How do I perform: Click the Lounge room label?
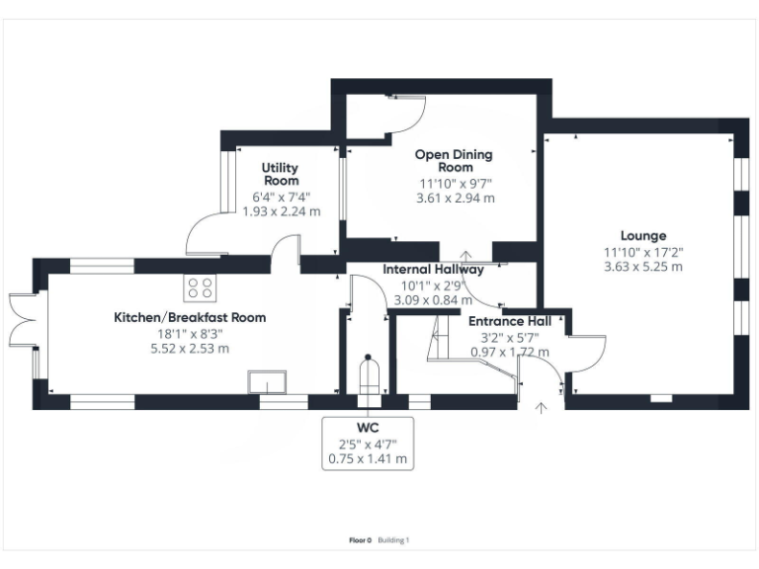(643, 235)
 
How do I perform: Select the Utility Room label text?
(281, 175)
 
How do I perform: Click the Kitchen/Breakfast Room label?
(190, 317)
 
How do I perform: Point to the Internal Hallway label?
(433, 269)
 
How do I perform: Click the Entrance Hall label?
(510, 321)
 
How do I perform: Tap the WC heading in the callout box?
(368, 427)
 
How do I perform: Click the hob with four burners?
(199, 287)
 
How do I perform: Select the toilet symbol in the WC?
(368, 376)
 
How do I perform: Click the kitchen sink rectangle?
(267, 381)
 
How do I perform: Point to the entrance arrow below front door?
(541, 407)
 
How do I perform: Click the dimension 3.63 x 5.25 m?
(643, 267)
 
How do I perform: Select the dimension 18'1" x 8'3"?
(189, 333)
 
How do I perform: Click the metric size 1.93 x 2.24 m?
(281, 210)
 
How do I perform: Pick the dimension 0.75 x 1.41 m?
(368, 458)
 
